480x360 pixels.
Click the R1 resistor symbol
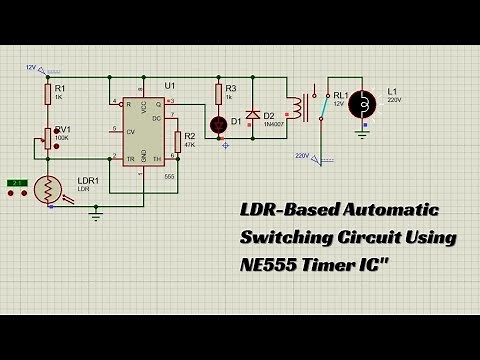[x=47, y=94]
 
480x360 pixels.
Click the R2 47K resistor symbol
[x=176, y=141]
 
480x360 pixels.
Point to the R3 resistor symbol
[x=218, y=93]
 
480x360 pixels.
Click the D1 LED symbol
[x=218, y=124]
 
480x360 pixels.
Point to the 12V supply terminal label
[x=31, y=68]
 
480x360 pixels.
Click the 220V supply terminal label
[x=302, y=156]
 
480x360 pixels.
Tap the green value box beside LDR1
[x=16, y=182]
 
